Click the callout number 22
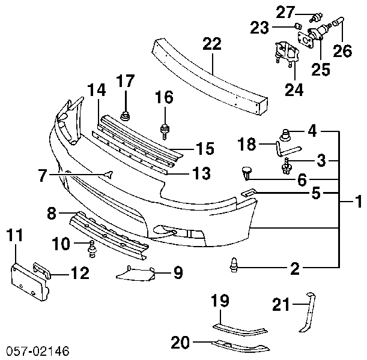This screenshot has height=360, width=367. point(212,44)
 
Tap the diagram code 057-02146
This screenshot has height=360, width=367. point(38,351)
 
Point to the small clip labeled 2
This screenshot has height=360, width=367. point(234,265)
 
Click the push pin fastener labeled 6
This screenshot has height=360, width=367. point(246,173)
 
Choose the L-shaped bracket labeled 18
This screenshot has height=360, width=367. point(288,148)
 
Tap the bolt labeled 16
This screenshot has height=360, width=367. point(165,132)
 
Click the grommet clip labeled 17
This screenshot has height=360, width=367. point(126,116)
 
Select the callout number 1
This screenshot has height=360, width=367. point(358,202)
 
